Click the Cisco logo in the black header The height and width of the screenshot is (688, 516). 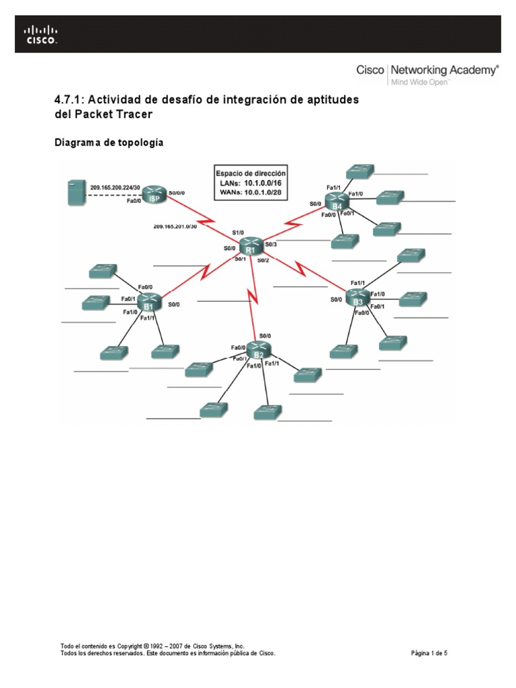tap(41, 34)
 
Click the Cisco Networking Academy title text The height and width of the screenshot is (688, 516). tap(427, 70)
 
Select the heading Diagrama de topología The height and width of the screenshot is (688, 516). tap(108, 143)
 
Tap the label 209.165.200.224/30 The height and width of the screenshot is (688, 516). tap(115, 187)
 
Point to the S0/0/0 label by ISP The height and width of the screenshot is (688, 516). tap(177, 193)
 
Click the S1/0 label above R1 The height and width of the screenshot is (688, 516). tap(238, 232)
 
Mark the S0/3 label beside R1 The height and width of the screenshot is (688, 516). tap(271, 244)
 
